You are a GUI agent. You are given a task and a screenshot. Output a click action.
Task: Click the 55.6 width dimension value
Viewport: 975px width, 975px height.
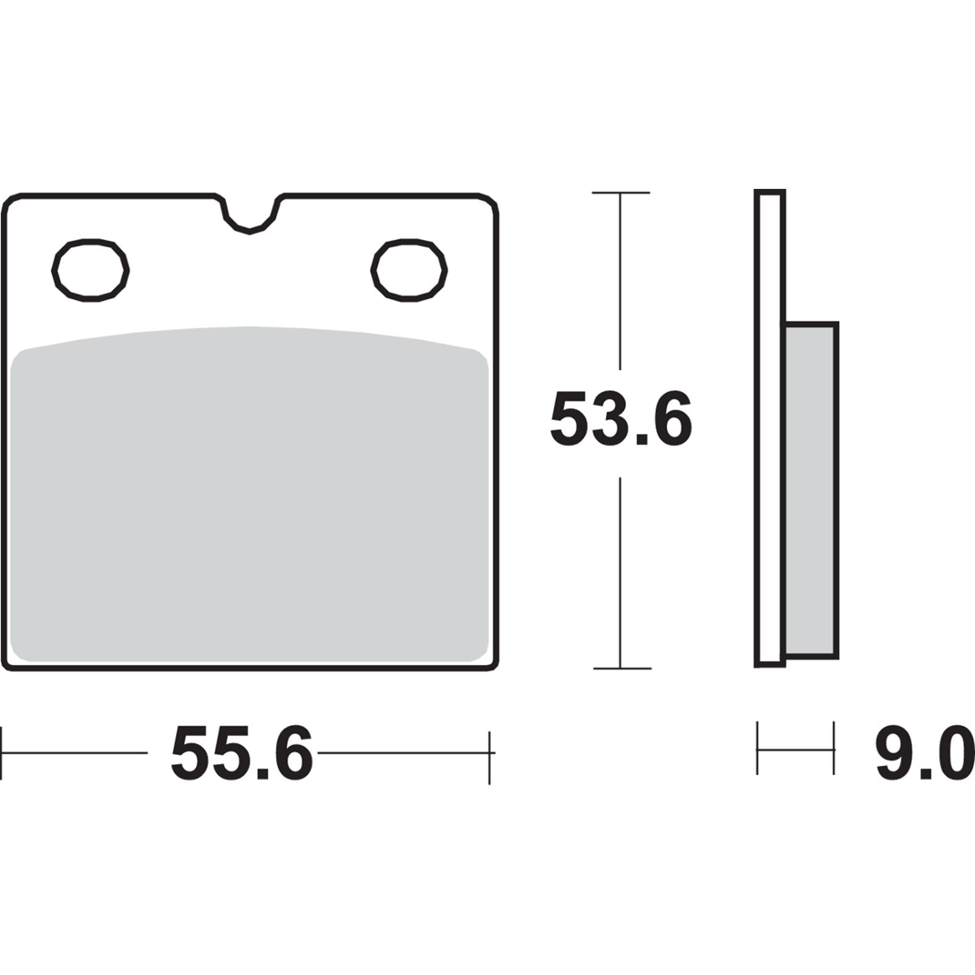(x=242, y=753)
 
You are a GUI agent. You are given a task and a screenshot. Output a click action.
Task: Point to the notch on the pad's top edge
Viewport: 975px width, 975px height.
(x=250, y=217)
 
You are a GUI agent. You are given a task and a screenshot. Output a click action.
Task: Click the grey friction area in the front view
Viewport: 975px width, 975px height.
(x=250, y=500)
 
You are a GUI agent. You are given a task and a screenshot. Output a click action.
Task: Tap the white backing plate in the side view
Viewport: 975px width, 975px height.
(x=770, y=427)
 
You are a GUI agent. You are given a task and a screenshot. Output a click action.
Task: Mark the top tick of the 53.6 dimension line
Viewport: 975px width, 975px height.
(x=620, y=193)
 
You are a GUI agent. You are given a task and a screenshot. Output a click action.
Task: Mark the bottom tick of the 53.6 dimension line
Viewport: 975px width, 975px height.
(x=620, y=668)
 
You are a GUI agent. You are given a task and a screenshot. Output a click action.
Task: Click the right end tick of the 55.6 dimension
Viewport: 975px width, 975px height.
(x=489, y=753)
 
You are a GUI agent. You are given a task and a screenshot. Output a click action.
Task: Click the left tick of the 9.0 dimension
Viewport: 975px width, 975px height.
(x=757, y=748)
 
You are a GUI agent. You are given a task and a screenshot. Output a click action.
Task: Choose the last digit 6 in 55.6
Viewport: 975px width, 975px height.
(x=292, y=753)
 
